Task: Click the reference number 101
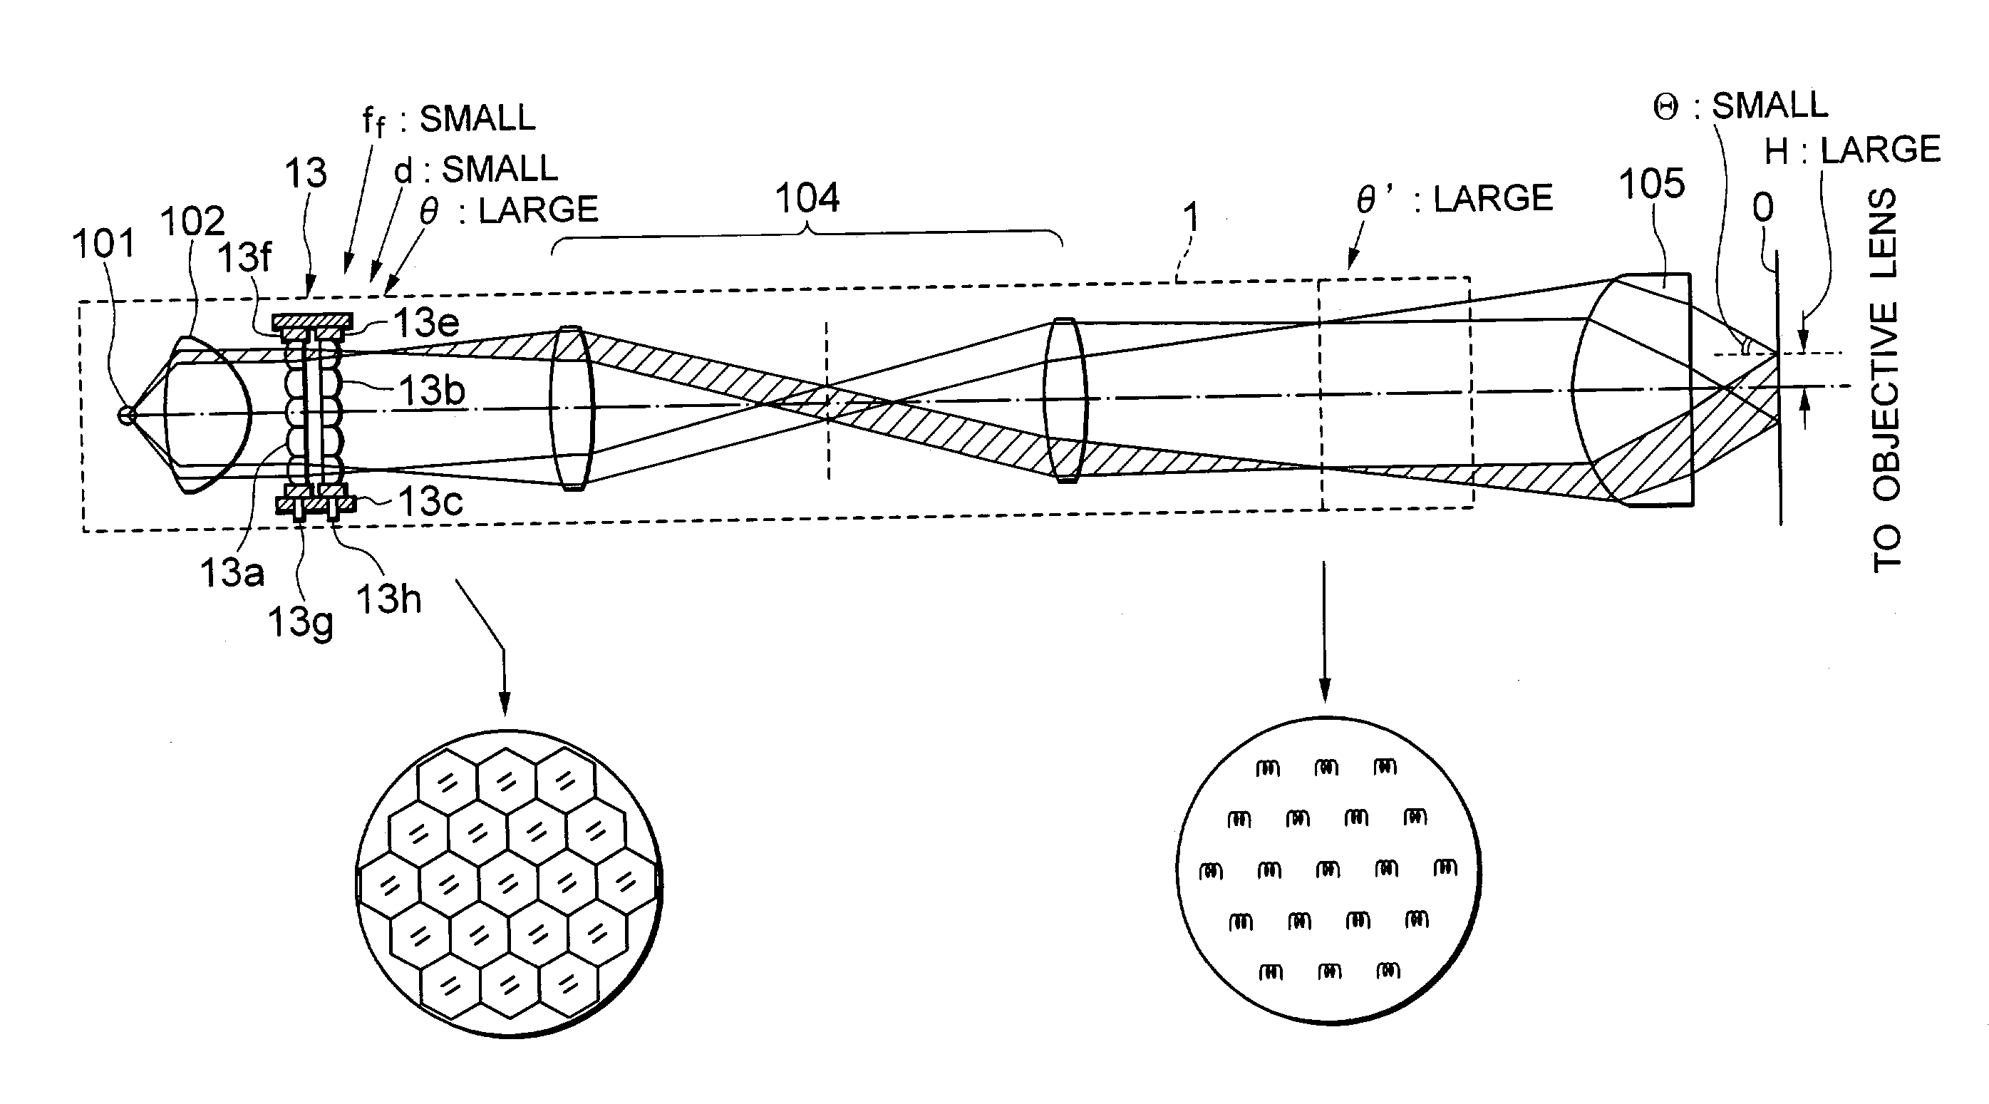[x=103, y=244]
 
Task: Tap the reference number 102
[x=192, y=222]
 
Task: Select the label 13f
[x=244, y=257]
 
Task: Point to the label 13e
[x=427, y=323]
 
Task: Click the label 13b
[x=432, y=391]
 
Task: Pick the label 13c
[x=430, y=502]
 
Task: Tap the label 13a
[x=232, y=573]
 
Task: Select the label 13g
[x=300, y=621]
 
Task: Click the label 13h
[x=388, y=599]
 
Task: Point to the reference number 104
[x=807, y=198]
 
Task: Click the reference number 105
[x=1652, y=185]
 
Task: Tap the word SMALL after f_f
[x=477, y=119]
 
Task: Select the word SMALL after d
[x=500, y=169]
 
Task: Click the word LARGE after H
[x=1881, y=150]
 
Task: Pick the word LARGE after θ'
[x=1492, y=199]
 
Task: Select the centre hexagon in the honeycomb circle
[x=508, y=881]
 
